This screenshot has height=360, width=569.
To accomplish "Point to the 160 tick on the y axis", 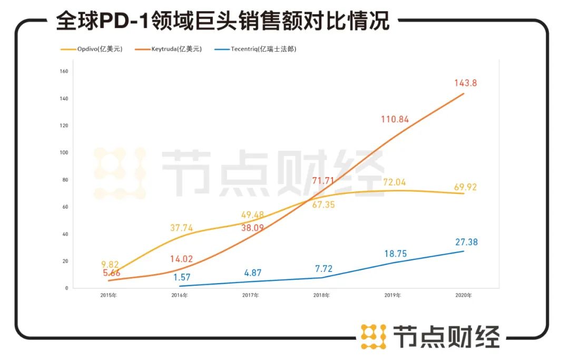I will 65,71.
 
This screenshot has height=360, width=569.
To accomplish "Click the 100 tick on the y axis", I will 65,153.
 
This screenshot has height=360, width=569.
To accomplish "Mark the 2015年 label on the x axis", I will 109,296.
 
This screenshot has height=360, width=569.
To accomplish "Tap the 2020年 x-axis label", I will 464,296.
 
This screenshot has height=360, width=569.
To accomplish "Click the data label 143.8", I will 466,83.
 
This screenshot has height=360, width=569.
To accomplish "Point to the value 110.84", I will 395,119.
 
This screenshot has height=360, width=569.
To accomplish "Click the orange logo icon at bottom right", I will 374,336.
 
